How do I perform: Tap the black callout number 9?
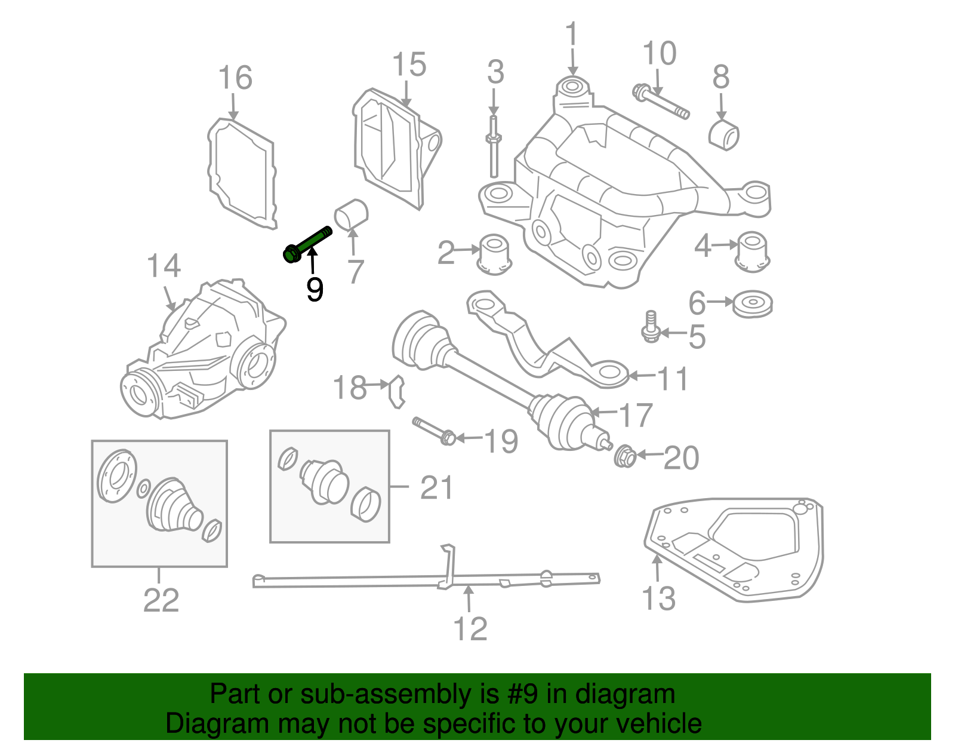(x=315, y=289)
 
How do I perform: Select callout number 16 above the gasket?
(x=235, y=78)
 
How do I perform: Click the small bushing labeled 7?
(x=352, y=214)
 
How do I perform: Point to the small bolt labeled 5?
(x=651, y=327)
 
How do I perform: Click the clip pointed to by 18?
(x=397, y=391)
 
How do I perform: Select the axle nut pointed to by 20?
(x=625, y=456)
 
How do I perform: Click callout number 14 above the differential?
(x=164, y=266)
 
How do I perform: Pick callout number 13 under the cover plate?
(x=658, y=598)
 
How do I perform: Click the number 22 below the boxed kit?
(x=161, y=600)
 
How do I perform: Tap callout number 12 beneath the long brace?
(x=470, y=628)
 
